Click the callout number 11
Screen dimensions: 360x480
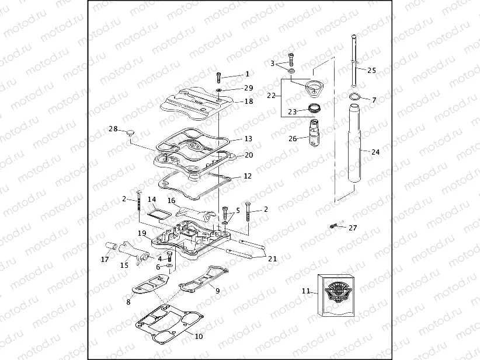(x=306, y=290)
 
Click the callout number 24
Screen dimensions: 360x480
(x=375, y=152)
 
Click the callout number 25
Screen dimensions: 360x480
(x=371, y=70)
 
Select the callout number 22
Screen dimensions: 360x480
(x=271, y=95)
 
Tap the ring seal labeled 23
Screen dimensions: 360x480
(x=314, y=109)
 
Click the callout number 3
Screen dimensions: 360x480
(x=273, y=63)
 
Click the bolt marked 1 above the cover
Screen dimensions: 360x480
(x=218, y=76)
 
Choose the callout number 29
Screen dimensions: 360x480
(x=248, y=88)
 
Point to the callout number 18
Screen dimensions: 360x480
(x=248, y=102)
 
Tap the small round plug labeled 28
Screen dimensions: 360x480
(x=130, y=132)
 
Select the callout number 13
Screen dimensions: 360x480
(x=248, y=139)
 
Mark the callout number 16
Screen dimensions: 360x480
(x=171, y=200)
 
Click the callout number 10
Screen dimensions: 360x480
(x=199, y=336)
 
